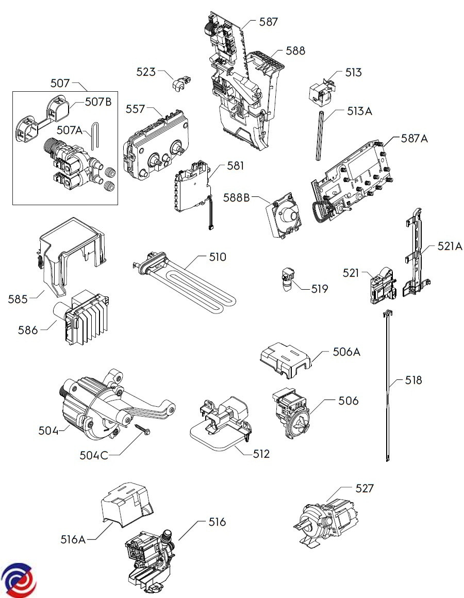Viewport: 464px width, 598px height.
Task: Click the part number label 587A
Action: click(x=414, y=139)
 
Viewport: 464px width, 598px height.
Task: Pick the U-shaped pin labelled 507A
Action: click(x=94, y=135)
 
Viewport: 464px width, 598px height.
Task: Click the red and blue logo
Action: click(x=19, y=579)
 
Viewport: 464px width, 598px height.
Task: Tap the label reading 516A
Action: click(x=73, y=539)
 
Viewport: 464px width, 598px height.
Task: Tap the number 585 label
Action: click(x=19, y=298)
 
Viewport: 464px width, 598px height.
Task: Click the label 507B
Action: click(x=98, y=102)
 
